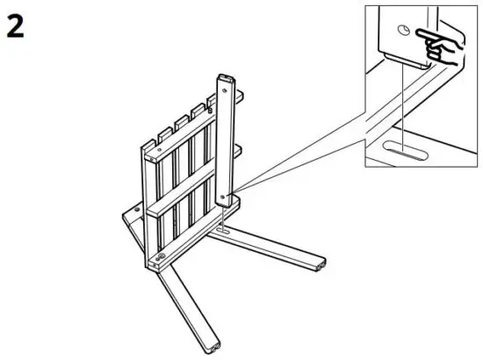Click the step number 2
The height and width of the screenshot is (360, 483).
(15, 27)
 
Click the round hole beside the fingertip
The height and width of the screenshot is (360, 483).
(403, 30)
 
